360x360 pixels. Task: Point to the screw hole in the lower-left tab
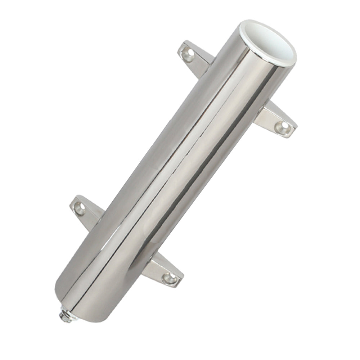[80, 208]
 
